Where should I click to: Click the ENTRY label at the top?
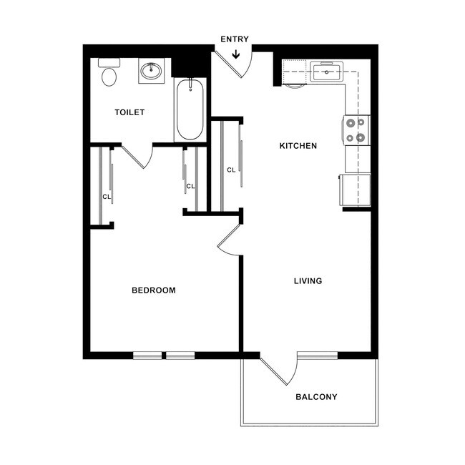tap(235, 39)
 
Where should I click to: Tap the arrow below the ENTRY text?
tap(235, 52)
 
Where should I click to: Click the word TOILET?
tap(130, 112)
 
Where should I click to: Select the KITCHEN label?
tap(298, 146)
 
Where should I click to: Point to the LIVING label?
tap(308, 281)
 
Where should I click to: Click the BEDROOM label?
tap(154, 290)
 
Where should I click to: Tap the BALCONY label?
tap(316, 397)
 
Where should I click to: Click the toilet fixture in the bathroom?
tap(109, 73)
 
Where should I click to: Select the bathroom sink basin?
tap(152, 71)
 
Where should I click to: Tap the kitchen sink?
tap(327, 72)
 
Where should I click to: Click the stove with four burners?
tap(357, 130)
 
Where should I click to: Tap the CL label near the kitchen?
tap(230, 170)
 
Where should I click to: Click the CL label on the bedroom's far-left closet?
tap(106, 196)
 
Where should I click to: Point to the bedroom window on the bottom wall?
tap(164, 355)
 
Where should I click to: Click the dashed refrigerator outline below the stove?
tap(356, 190)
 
